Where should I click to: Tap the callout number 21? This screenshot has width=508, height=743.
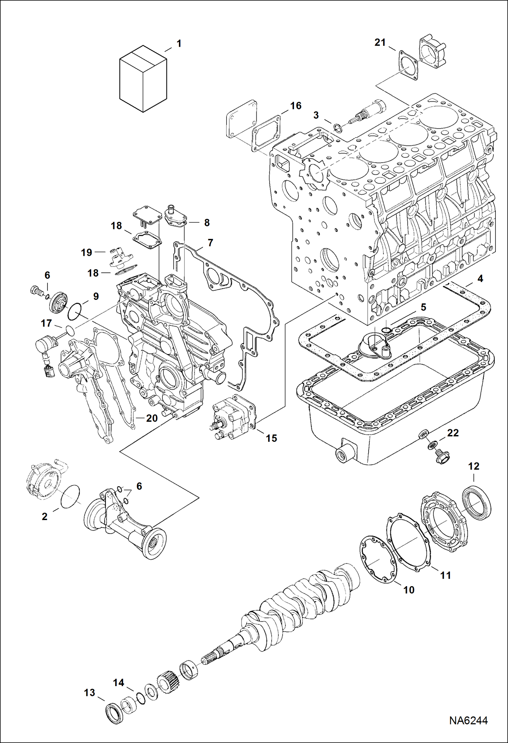tap(380, 43)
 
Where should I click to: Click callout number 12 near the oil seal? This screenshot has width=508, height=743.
tap(473, 466)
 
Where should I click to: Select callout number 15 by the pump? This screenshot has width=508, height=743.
tap(271, 438)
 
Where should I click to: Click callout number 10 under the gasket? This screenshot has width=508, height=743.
tap(409, 590)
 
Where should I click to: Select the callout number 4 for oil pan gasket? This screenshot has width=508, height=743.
tap(480, 278)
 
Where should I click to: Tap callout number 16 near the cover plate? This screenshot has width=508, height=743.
tap(296, 106)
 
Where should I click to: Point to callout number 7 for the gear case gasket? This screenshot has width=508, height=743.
tap(210, 243)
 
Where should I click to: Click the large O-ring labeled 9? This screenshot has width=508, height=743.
tap(74, 311)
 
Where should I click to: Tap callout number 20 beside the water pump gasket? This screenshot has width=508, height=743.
tap(152, 418)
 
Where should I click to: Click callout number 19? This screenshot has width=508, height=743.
tap(86, 252)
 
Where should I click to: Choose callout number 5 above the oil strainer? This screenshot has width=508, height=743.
tap(423, 307)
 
